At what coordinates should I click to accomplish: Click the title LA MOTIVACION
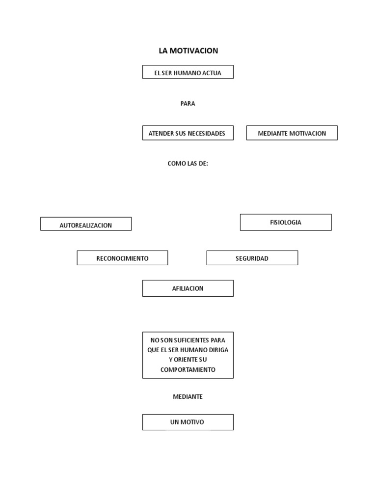pos(188,51)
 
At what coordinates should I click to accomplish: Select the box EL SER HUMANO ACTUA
pos(188,72)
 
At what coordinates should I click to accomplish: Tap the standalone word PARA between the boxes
pos(188,104)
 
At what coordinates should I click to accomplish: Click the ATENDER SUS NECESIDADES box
pos(188,133)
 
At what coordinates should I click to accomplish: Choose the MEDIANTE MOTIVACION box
pos(292,133)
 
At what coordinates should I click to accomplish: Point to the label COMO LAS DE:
pos(188,164)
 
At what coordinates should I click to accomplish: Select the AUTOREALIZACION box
pos(86,224)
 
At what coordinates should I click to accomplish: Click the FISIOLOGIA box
pos(286,223)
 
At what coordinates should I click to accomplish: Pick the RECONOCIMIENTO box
pos(122,258)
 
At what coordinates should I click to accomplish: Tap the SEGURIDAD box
pos(252,258)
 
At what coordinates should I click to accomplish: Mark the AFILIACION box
pos(188,288)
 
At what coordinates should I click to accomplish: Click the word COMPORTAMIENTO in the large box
pos(188,370)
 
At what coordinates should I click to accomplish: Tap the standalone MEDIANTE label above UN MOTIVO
pos(188,397)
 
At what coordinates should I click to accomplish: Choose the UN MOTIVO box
pos(188,422)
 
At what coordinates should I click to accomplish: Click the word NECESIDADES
pos(207,134)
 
